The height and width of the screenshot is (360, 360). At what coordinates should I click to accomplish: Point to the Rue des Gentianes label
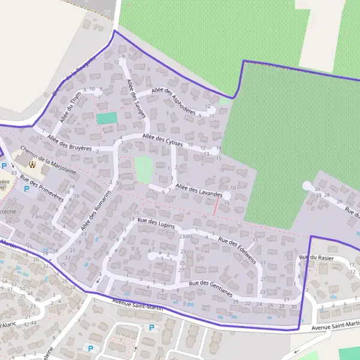(210, 289)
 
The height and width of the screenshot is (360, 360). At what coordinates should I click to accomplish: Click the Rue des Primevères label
(42, 187)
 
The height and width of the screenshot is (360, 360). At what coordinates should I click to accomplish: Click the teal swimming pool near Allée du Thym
(106, 118)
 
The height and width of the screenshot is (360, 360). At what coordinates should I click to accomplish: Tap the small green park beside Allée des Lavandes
(143, 169)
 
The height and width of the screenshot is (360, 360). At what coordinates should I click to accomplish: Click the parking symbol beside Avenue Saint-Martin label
(151, 328)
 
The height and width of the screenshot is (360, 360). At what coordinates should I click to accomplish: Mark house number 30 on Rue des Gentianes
(293, 306)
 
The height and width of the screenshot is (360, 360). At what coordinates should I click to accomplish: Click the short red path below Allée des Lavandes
(216, 207)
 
